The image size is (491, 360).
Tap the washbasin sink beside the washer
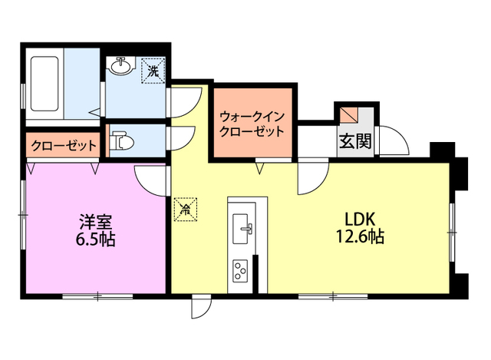click(121, 68)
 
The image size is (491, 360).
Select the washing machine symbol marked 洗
click(153, 71)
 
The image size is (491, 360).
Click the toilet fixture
click(120, 141)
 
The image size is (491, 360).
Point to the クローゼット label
click(64, 144)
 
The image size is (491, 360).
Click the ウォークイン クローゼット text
click(252, 124)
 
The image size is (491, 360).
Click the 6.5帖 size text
click(95, 239)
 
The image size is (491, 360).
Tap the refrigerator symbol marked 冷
click(186, 207)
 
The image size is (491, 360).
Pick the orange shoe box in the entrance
click(350, 114)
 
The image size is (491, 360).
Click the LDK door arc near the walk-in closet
click(313, 179)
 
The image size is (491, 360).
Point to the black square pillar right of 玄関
click(440, 148)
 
